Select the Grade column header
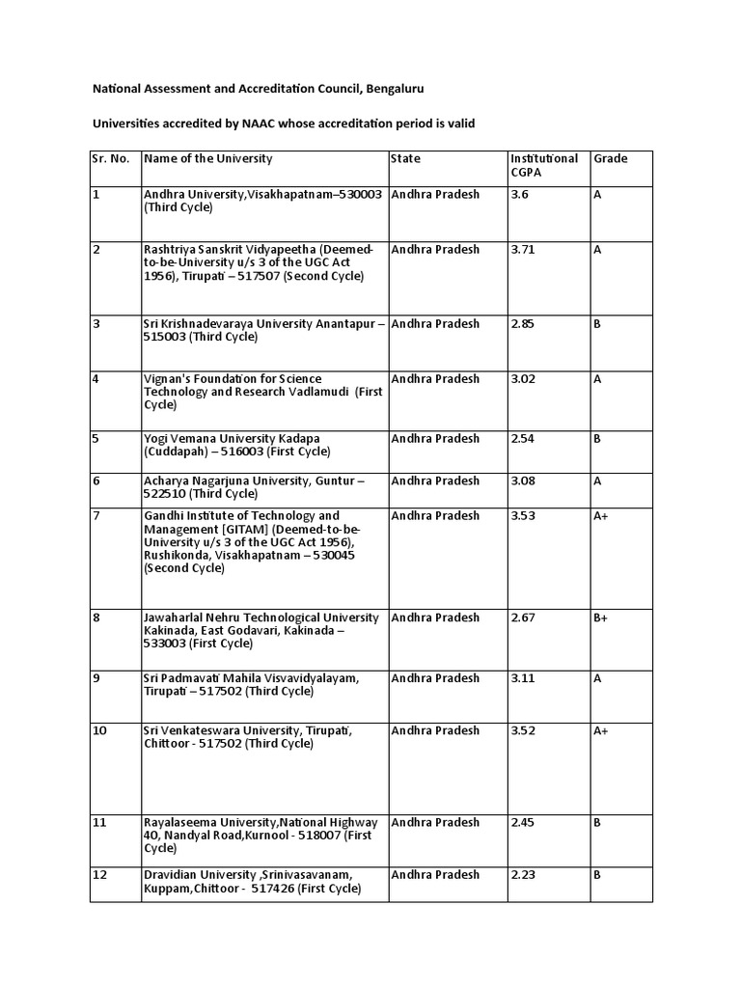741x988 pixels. coord(610,158)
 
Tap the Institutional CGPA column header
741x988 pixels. coord(543,165)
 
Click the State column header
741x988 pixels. coord(405,158)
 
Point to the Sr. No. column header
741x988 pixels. coord(111,158)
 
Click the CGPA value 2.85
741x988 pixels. coord(522,323)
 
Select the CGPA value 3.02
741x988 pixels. coord(522,379)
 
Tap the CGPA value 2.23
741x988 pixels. coord(522,874)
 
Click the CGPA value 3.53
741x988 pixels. coord(522,515)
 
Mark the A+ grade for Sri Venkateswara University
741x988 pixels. coord(600,730)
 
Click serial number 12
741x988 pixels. coord(99,874)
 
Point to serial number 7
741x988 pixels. coord(96,515)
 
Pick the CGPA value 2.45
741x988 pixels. coord(522,822)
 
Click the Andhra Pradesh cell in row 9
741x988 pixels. coord(435,678)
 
